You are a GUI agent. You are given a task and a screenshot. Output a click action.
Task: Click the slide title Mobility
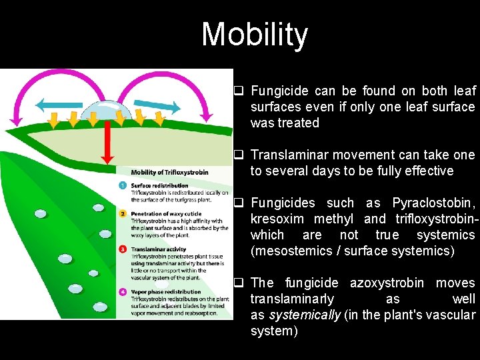point(255,35)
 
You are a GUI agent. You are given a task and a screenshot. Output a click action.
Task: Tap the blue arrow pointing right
point(157,104)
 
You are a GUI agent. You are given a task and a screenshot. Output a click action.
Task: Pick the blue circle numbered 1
point(123,186)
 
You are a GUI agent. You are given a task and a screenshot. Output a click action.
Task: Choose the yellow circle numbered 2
point(123,214)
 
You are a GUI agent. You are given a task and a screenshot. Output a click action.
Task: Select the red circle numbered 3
point(123,249)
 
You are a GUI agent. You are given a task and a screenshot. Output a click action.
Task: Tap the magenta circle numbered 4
point(123,292)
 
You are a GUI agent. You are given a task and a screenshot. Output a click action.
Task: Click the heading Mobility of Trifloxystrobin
point(169,172)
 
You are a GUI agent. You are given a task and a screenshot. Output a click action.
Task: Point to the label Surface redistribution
point(159,185)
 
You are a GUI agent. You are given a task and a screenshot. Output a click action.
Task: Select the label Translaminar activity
point(158,249)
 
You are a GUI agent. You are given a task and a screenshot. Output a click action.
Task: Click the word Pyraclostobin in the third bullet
point(433,203)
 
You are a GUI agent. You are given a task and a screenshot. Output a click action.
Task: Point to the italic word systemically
point(303,315)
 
